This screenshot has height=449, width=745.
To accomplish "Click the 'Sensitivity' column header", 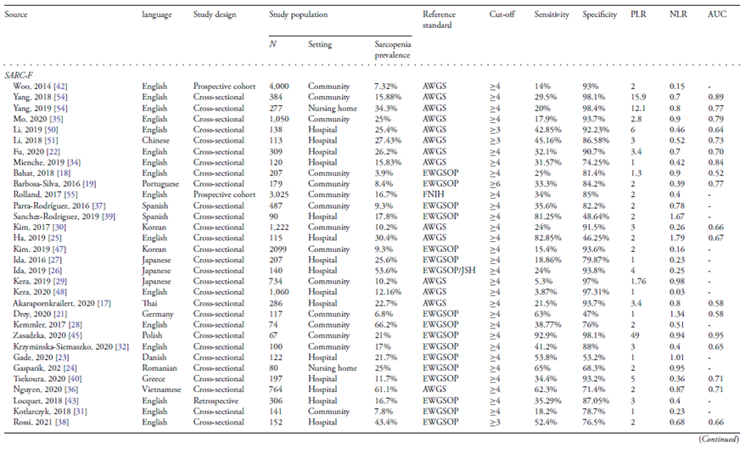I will [x=552, y=16].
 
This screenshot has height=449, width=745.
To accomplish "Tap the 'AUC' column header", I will [x=716, y=16].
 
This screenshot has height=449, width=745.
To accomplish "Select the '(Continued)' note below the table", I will [x=717, y=439].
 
